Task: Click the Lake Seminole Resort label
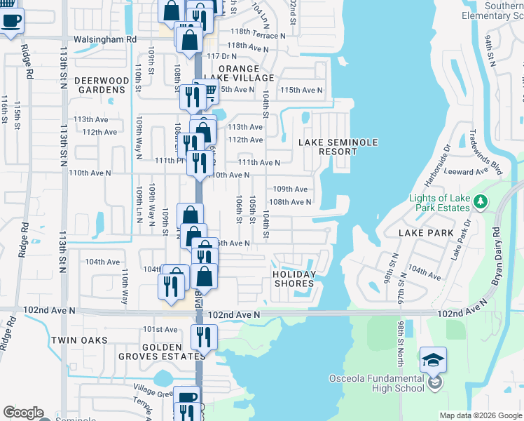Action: (338, 147)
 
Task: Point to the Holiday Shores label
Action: (294, 279)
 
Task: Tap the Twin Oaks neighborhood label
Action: (79, 340)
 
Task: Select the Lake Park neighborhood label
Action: (427, 232)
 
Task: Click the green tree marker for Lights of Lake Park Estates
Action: (480, 203)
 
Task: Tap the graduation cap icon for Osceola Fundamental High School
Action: (434, 361)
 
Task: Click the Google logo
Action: (24, 413)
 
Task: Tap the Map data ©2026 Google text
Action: (480, 415)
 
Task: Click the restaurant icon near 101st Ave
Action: (204, 337)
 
